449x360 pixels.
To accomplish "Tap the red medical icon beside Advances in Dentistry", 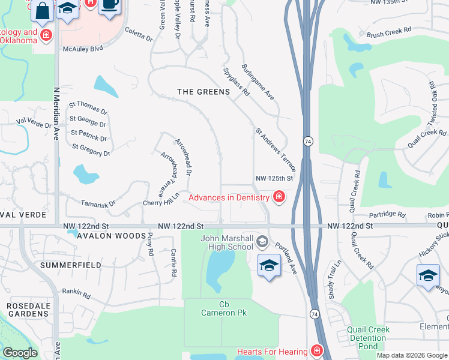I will pyautogui.click(x=279, y=197).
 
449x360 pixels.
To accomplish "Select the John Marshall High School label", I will pyautogui.click(x=226, y=242).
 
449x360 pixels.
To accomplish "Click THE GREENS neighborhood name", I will pyautogui.click(x=203, y=92).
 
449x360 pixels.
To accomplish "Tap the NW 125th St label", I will pyautogui.click(x=274, y=178).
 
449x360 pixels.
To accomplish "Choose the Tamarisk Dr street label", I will pyautogui.click(x=98, y=204).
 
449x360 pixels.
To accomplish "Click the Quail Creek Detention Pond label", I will pyautogui.click(x=368, y=338).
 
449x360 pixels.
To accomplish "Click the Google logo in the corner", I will pyautogui.click(x=20, y=353).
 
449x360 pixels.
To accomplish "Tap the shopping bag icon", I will pyautogui.click(x=43, y=10).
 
